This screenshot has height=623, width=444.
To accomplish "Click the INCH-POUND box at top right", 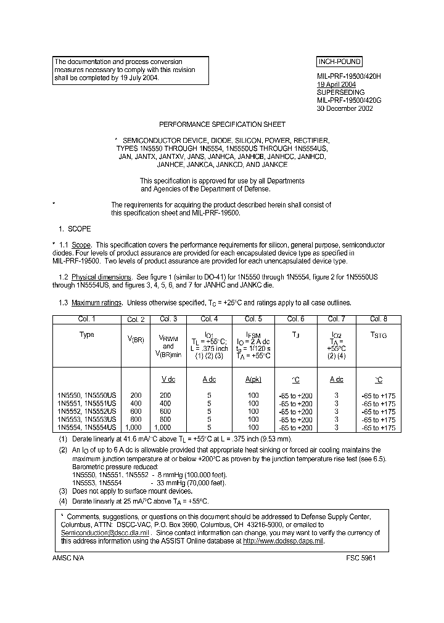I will tap(339, 62).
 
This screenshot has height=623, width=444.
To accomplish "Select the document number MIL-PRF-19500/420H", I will tap(350, 76).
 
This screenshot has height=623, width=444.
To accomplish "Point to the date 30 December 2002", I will tap(345, 108).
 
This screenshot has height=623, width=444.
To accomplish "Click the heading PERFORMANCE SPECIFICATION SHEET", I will tap(223, 124).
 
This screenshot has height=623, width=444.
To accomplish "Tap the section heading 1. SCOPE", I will tap(75, 229).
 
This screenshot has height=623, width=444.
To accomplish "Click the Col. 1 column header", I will tap(86, 319).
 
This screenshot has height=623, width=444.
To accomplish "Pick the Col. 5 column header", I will tap(253, 319).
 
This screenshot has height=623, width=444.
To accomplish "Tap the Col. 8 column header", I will tap(379, 319).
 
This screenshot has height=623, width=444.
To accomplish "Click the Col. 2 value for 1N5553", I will tap(136, 419).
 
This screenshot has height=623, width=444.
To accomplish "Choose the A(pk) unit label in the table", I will tap(253, 379).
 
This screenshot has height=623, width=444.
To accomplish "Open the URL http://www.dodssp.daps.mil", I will tap(283, 541).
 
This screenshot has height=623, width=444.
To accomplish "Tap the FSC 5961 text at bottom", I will tap(360, 557).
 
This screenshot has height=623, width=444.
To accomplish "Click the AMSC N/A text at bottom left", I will tap(68, 557).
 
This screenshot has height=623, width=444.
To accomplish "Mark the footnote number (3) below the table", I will tap(63, 491).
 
